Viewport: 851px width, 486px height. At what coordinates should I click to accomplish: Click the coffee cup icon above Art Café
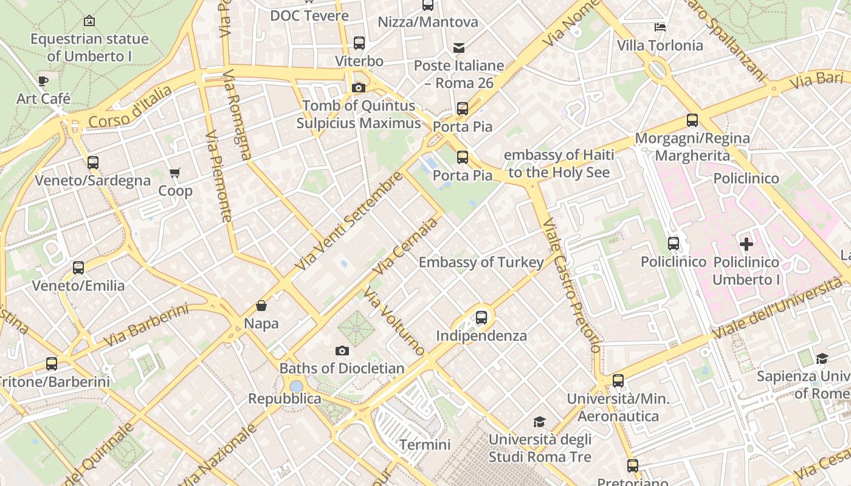pyautogui.click(x=43, y=81)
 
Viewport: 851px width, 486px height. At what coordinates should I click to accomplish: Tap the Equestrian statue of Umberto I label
pyautogui.click(x=89, y=47)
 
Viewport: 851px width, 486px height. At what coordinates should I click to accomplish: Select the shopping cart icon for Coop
pyautogui.click(x=175, y=173)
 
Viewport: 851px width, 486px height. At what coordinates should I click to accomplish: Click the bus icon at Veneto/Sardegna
pyautogui.click(x=92, y=163)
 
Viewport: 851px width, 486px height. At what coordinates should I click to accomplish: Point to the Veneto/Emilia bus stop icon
pyautogui.click(x=78, y=268)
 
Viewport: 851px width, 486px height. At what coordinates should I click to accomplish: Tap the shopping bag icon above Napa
pyautogui.click(x=261, y=306)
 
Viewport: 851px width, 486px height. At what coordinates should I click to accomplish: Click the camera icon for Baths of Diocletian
pyautogui.click(x=342, y=351)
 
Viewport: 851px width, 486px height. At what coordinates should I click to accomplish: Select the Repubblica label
pyautogui.click(x=284, y=399)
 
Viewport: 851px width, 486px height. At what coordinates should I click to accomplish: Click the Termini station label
pyautogui.click(x=425, y=445)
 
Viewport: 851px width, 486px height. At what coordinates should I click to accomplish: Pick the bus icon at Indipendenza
pyautogui.click(x=481, y=317)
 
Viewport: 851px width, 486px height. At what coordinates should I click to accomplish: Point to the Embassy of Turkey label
pyautogui.click(x=481, y=262)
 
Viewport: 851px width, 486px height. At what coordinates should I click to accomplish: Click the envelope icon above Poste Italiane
pyautogui.click(x=459, y=47)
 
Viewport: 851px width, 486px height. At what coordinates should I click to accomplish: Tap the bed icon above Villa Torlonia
pyautogui.click(x=660, y=27)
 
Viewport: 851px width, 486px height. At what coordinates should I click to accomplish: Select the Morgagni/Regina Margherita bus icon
pyautogui.click(x=692, y=120)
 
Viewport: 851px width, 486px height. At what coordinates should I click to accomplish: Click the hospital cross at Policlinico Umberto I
pyautogui.click(x=746, y=244)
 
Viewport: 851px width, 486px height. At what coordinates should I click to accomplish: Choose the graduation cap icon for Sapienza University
pyautogui.click(x=822, y=358)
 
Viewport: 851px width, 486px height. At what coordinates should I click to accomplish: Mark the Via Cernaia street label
pyautogui.click(x=405, y=246)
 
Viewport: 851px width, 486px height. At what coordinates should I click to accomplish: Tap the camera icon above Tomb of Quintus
pyautogui.click(x=359, y=88)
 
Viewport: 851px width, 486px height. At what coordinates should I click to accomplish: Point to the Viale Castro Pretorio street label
pyautogui.click(x=571, y=286)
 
